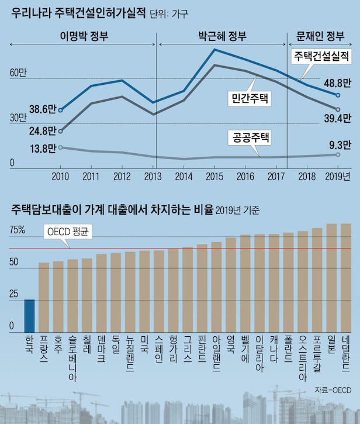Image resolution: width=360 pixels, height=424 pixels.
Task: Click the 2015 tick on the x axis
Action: coord(215,176)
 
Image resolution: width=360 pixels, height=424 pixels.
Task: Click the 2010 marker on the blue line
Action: coord(61,109)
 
